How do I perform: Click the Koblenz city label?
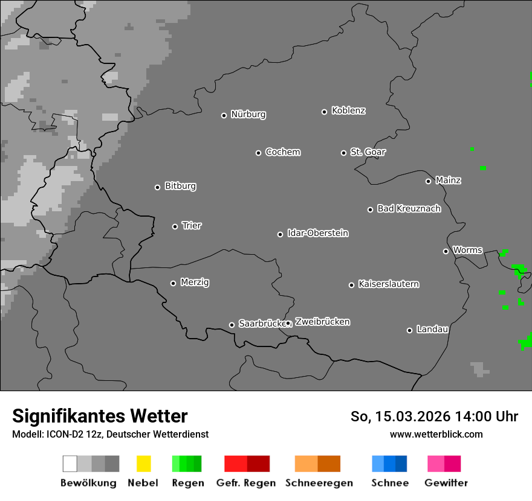pos(348,111)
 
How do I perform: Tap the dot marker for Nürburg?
pos(224,115)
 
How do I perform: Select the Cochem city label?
pos(282,152)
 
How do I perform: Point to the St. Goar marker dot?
pos(343,153)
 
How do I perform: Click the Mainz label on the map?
pos(448,180)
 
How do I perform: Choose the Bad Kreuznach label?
pos(409,209)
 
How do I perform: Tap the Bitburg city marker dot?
pos(157,187)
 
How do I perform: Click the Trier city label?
pos(192,226)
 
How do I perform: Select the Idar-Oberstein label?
pos(317,234)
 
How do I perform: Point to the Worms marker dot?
pos(446,251)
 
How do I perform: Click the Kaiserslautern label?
pos(388,284)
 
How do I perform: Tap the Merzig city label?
pos(195,282)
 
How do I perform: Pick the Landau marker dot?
pos(409,330)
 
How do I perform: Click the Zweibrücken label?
pos(322,322)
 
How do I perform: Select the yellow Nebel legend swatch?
pos(143,464)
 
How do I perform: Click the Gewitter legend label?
pos(446,483)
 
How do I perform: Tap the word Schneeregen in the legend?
pos(319,483)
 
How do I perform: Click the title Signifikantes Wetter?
pos(100,416)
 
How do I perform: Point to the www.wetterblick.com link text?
pos(436,434)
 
